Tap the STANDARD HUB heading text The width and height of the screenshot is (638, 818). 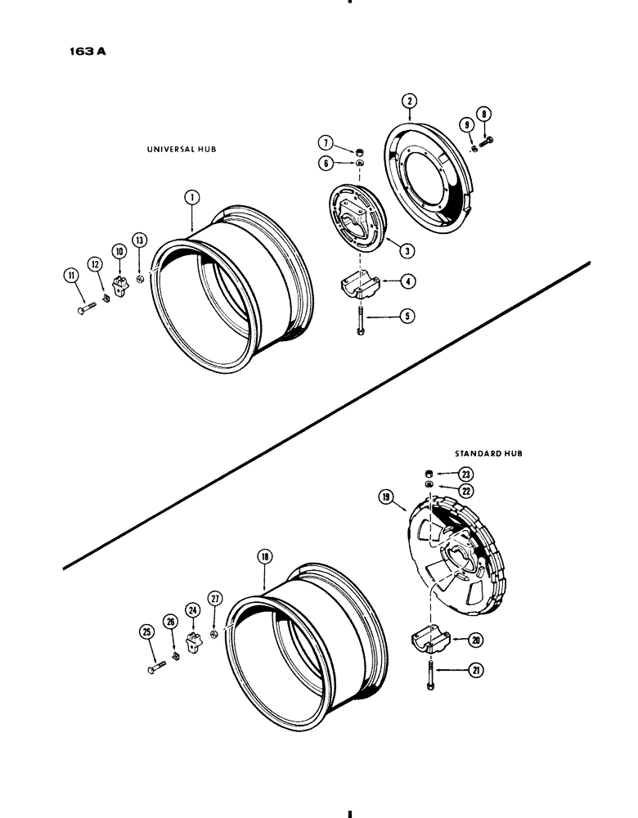(x=489, y=452)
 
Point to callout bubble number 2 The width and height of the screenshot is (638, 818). (x=411, y=101)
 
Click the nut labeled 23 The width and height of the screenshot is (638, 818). (x=429, y=474)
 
